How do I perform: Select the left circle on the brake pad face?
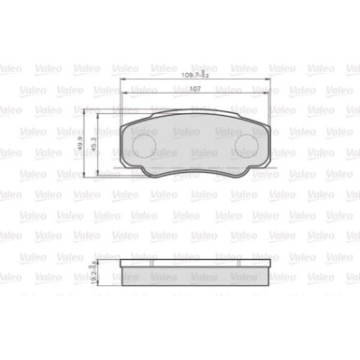[144, 146]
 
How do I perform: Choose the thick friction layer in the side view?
[196, 271]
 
